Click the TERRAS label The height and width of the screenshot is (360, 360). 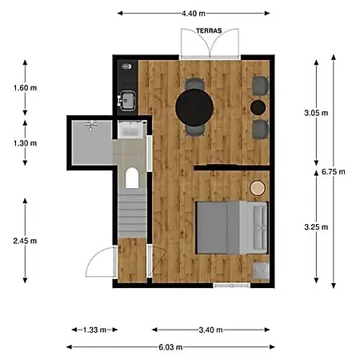(x=209, y=31)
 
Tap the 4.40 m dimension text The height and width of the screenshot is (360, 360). (x=194, y=14)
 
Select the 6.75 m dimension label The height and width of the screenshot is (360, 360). (x=334, y=172)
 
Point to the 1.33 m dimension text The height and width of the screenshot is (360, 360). (x=94, y=330)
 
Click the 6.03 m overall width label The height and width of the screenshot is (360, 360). (x=170, y=347)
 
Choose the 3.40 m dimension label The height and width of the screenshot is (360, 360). (x=210, y=330)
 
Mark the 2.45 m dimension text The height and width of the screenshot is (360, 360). (x=25, y=241)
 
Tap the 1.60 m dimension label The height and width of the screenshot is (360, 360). (x=25, y=88)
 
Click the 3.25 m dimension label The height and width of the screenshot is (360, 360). (x=316, y=227)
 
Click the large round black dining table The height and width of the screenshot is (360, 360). (x=194, y=107)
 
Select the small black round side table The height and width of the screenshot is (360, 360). (x=258, y=107)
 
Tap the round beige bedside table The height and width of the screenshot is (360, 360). (x=258, y=188)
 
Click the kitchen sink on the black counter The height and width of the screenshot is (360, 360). (x=127, y=101)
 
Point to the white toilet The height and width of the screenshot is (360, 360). (x=132, y=178)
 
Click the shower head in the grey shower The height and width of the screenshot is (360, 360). (x=91, y=126)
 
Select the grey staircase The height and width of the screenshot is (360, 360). (x=132, y=213)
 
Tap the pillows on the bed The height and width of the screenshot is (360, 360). (x=260, y=228)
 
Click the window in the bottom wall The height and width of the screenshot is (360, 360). (x=231, y=286)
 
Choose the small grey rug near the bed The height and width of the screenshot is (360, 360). (x=261, y=270)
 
